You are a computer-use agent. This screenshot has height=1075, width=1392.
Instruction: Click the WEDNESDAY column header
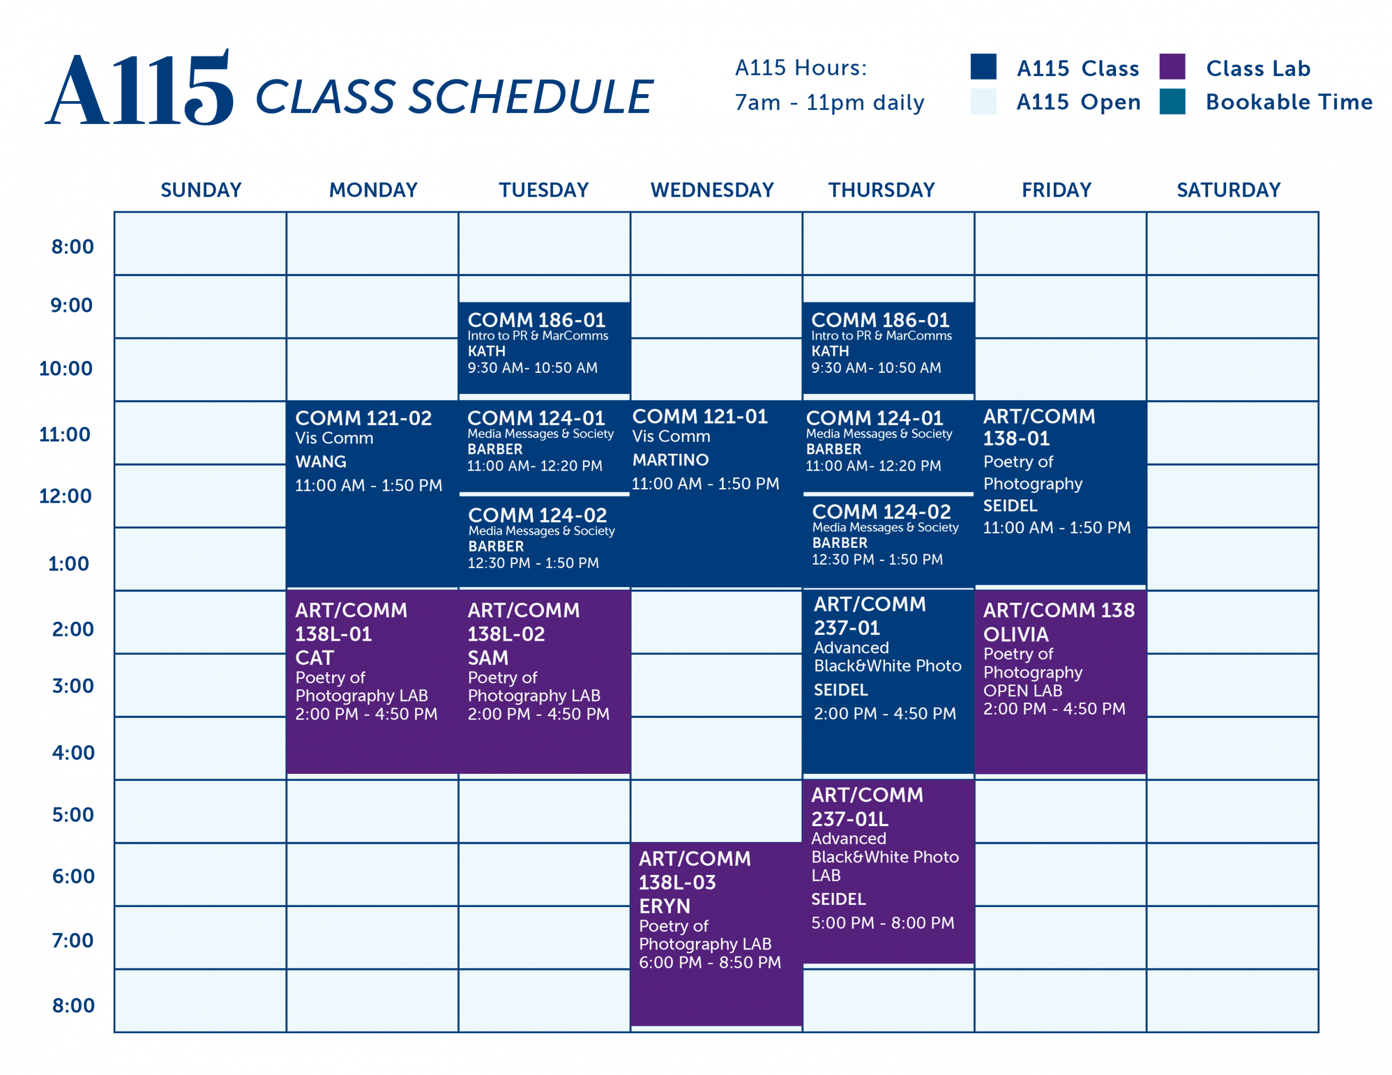click(712, 190)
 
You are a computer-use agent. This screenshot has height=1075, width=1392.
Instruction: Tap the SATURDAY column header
click(1228, 190)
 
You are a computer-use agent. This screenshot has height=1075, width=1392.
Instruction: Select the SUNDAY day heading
click(201, 190)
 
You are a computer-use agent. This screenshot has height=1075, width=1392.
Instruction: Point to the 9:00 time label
click(71, 305)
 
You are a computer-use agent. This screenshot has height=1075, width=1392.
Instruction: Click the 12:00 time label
click(65, 496)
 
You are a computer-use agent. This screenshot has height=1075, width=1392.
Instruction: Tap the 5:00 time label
click(73, 814)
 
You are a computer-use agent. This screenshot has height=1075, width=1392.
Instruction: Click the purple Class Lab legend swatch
click(1172, 66)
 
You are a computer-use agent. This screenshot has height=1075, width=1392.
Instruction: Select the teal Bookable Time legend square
click(1172, 101)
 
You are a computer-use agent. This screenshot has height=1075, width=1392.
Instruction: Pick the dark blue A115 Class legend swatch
click(984, 66)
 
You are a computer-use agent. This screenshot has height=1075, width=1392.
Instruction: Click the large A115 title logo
click(139, 88)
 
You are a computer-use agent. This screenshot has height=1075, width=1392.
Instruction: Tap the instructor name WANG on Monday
click(321, 461)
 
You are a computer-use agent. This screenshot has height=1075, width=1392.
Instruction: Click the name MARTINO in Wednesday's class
click(670, 459)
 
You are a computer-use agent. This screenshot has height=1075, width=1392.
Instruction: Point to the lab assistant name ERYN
click(665, 906)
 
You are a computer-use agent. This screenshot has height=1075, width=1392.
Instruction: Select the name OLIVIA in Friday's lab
click(1016, 634)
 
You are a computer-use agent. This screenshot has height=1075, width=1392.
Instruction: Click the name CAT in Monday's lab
click(314, 658)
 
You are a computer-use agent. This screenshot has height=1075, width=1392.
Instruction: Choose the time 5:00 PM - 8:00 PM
click(883, 923)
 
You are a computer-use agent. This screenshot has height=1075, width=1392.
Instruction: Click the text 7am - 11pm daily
click(829, 103)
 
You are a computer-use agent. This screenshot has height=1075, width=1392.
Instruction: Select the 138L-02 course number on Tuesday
click(506, 634)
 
